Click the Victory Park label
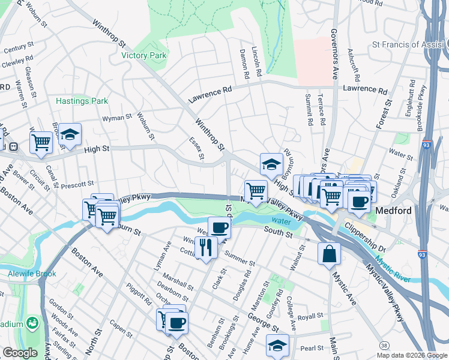click(x=143, y=55)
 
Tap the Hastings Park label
click(x=82, y=101)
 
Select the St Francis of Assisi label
click(x=407, y=44)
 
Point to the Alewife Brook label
click(x=28, y=274)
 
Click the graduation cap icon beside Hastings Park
click(x=70, y=134)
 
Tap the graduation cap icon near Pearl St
click(x=277, y=346)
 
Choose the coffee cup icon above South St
click(x=219, y=227)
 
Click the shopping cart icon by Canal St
click(x=41, y=143)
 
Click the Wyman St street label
click(x=117, y=118)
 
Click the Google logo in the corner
click(x=20, y=352)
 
